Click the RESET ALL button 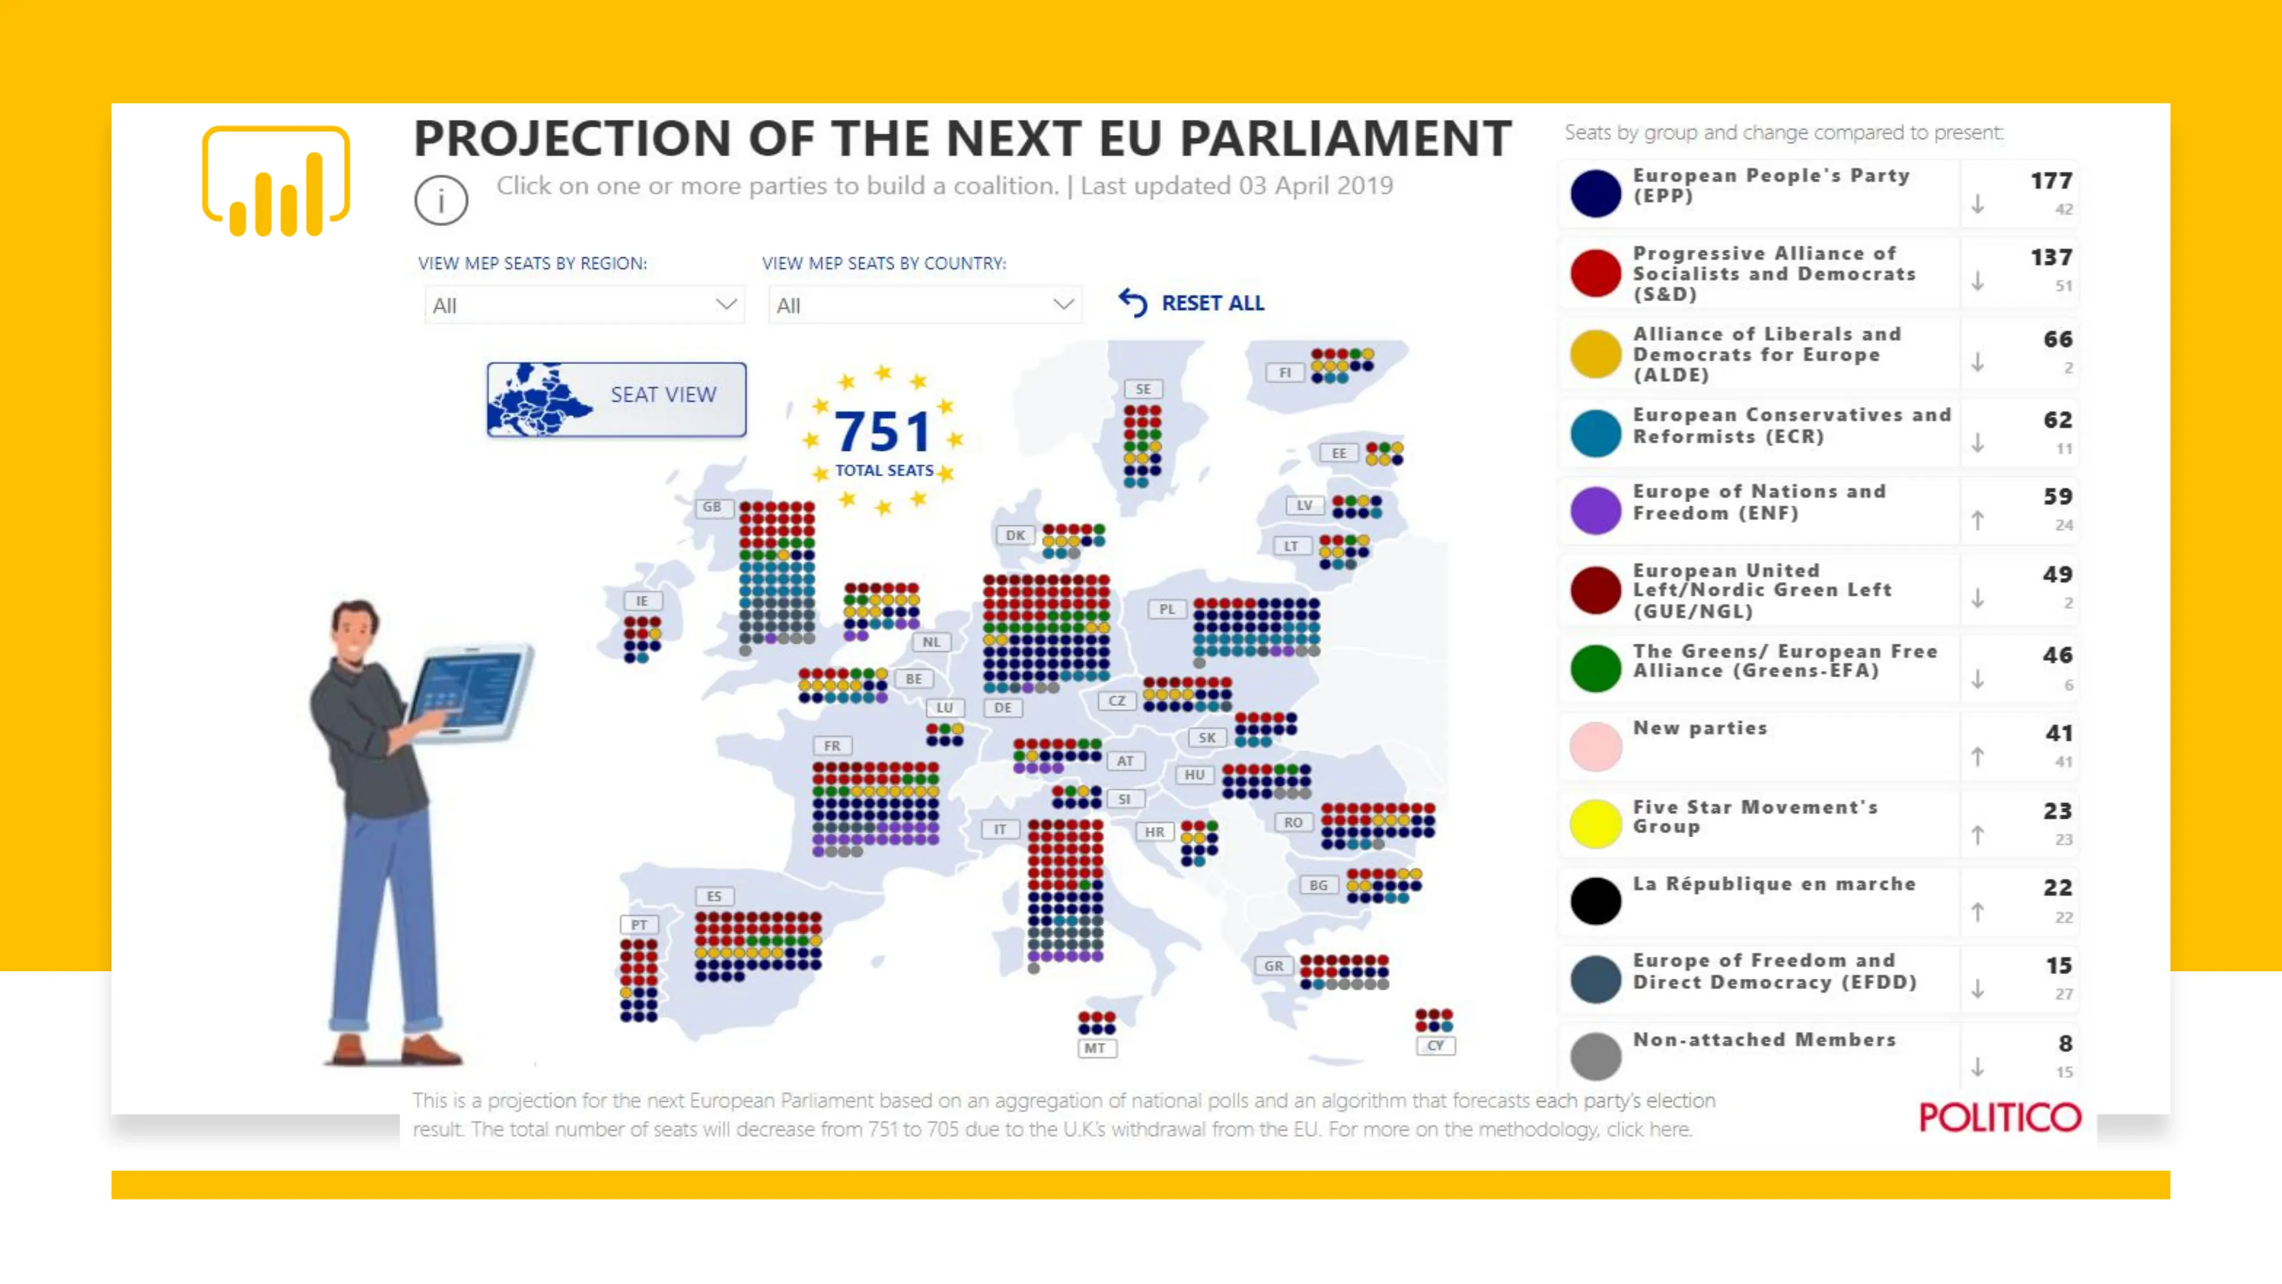coord(1192,303)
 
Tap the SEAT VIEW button coord(617,399)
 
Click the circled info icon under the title coord(440,200)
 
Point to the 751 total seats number coord(883,431)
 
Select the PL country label coord(1167,609)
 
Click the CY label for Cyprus coord(1435,1045)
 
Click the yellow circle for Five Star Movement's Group coord(1596,823)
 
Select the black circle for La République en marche coord(1596,901)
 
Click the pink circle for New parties coord(1596,746)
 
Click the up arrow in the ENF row coord(1977,521)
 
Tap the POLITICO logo coord(2000,1117)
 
